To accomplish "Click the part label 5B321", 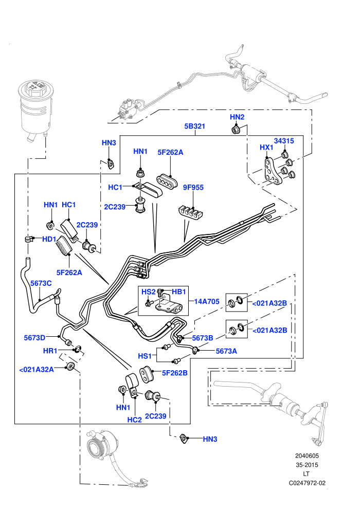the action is click(x=194, y=126).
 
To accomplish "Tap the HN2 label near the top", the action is click(x=237, y=117).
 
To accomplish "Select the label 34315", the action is click(x=284, y=141).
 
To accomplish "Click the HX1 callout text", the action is click(x=266, y=148).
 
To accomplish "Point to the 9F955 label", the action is click(x=193, y=187).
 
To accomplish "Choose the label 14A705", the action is click(x=207, y=302).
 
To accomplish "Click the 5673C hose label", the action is click(x=41, y=283).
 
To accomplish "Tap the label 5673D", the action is click(x=34, y=338).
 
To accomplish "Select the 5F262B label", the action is click(x=175, y=373).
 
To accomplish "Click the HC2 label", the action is click(x=134, y=420).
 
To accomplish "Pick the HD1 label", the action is click(x=49, y=239).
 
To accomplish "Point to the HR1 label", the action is click(x=50, y=351).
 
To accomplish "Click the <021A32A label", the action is click(x=37, y=370).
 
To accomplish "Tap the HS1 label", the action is click(x=145, y=356).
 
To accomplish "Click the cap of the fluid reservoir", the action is click(x=35, y=88).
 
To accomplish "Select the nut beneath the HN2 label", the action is click(x=236, y=130).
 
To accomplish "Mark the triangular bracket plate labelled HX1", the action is click(x=271, y=171).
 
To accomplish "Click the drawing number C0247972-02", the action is click(x=307, y=483).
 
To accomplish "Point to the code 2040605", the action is click(x=307, y=456).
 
